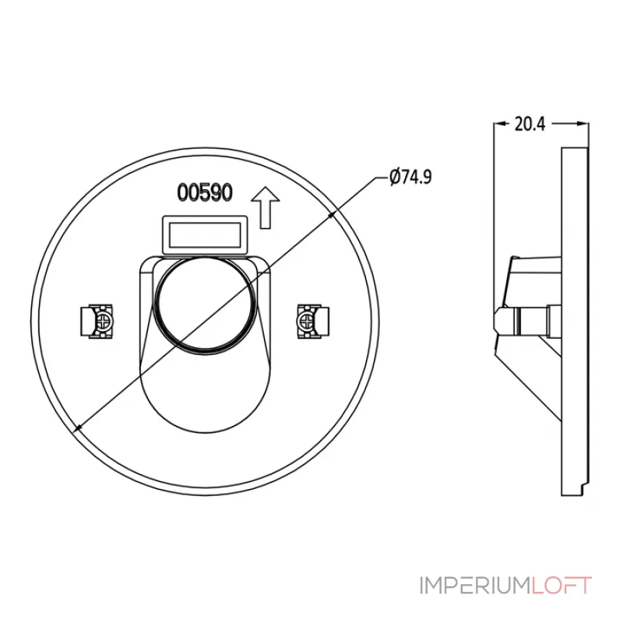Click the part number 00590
(x=205, y=192)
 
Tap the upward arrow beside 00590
(x=266, y=208)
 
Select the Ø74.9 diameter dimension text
(x=411, y=177)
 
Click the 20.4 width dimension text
(x=530, y=124)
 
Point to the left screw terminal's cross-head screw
(x=104, y=321)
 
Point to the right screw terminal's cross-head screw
(x=306, y=321)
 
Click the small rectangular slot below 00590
(x=205, y=235)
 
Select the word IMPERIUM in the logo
(x=475, y=586)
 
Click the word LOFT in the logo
(x=561, y=586)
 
